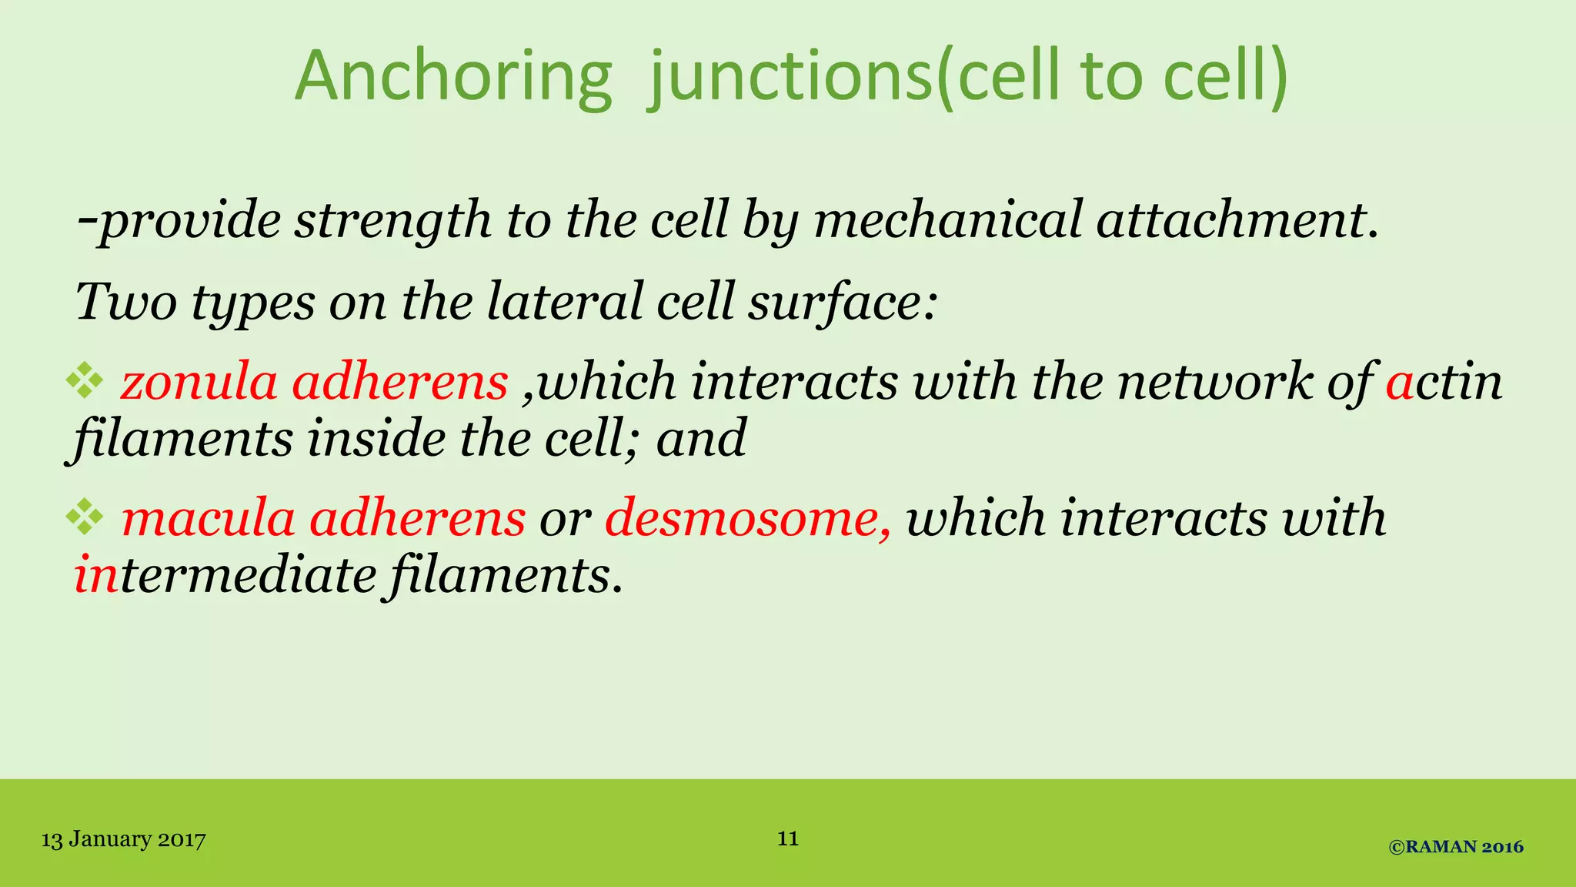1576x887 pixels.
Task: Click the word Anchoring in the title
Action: click(x=453, y=77)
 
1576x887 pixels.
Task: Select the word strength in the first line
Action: click(x=392, y=220)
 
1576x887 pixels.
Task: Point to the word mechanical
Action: click(x=947, y=220)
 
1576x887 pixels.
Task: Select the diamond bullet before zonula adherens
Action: click(x=85, y=381)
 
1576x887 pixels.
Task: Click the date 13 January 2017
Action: click(x=123, y=839)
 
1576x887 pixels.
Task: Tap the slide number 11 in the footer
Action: click(x=788, y=838)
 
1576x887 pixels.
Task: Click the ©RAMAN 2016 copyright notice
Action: click(x=1456, y=847)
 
